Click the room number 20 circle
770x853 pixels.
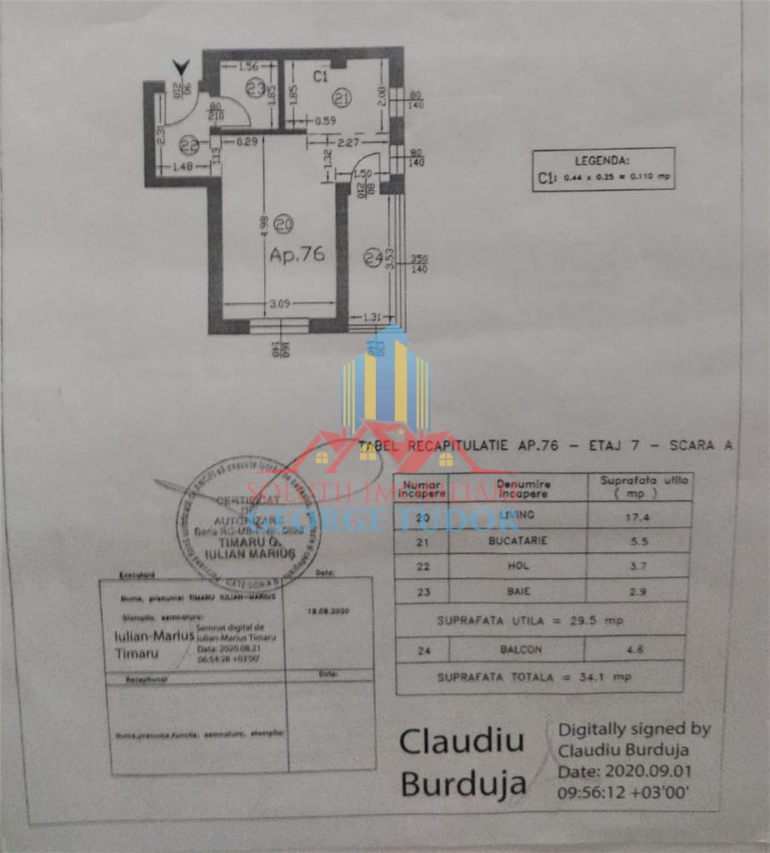point(283,223)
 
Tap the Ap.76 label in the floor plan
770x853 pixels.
point(297,255)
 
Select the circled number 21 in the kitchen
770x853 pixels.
point(341,98)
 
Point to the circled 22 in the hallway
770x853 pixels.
point(189,145)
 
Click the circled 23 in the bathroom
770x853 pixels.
point(255,87)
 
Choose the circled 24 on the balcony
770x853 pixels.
point(372,258)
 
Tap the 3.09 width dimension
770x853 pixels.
point(279,304)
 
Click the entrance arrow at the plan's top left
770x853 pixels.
point(181,67)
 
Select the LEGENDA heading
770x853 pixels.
point(602,161)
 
